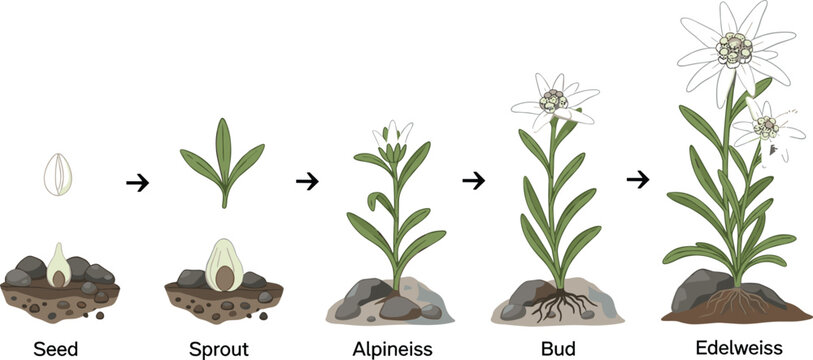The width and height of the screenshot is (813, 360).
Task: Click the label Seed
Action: (57, 350)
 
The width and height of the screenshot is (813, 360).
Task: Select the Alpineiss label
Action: (392, 350)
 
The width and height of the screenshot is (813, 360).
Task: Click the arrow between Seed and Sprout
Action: (139, 182)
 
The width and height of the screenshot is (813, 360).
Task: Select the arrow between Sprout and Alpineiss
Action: (308, 181)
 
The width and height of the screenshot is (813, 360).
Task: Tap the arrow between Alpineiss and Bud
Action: (473, 181)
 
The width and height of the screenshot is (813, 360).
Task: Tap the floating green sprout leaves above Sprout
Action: (222, 161)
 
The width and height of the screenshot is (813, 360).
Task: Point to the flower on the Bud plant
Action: (553, 100)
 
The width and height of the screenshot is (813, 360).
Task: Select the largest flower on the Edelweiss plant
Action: (735, 47)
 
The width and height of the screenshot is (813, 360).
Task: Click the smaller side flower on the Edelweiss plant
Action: (765, 128)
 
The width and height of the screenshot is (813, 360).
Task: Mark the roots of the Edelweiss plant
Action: (738, 300)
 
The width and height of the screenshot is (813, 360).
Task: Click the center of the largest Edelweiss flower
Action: (735, 47)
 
